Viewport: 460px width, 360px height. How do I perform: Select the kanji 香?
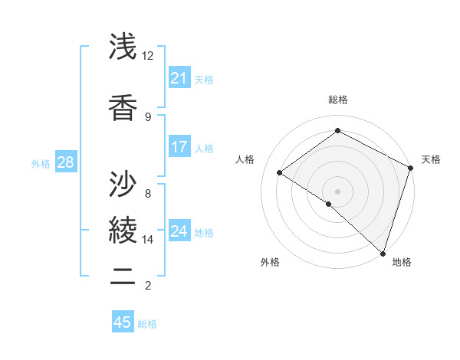(123, 106)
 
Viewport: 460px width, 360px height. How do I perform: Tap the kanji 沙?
(123, 183)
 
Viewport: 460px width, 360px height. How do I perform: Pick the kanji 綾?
(123, 229)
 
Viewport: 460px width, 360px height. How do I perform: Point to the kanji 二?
(123, 275)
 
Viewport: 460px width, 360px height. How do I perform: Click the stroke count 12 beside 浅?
(148, 56)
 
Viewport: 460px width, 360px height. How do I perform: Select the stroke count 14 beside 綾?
(148, 240)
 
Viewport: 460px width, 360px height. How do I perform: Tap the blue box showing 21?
(179, 78)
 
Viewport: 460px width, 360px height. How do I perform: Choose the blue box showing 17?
(179, 147)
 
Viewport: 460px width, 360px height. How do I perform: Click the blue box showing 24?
(179, 231)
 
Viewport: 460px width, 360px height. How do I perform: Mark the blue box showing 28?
(65, 162)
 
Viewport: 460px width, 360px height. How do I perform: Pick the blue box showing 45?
(122, 322)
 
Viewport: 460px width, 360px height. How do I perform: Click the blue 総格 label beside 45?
(147, 324)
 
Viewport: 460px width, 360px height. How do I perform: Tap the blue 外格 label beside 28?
(41, 163)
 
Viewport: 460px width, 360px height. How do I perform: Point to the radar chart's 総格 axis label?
(337, 100)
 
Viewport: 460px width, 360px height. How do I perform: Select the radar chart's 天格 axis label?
(431, 159)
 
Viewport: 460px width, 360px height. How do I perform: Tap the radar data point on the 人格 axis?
(280, 172)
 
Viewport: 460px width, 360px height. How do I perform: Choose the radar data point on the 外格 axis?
(329, 204)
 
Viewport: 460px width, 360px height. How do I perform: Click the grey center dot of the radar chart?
(337, 191)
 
